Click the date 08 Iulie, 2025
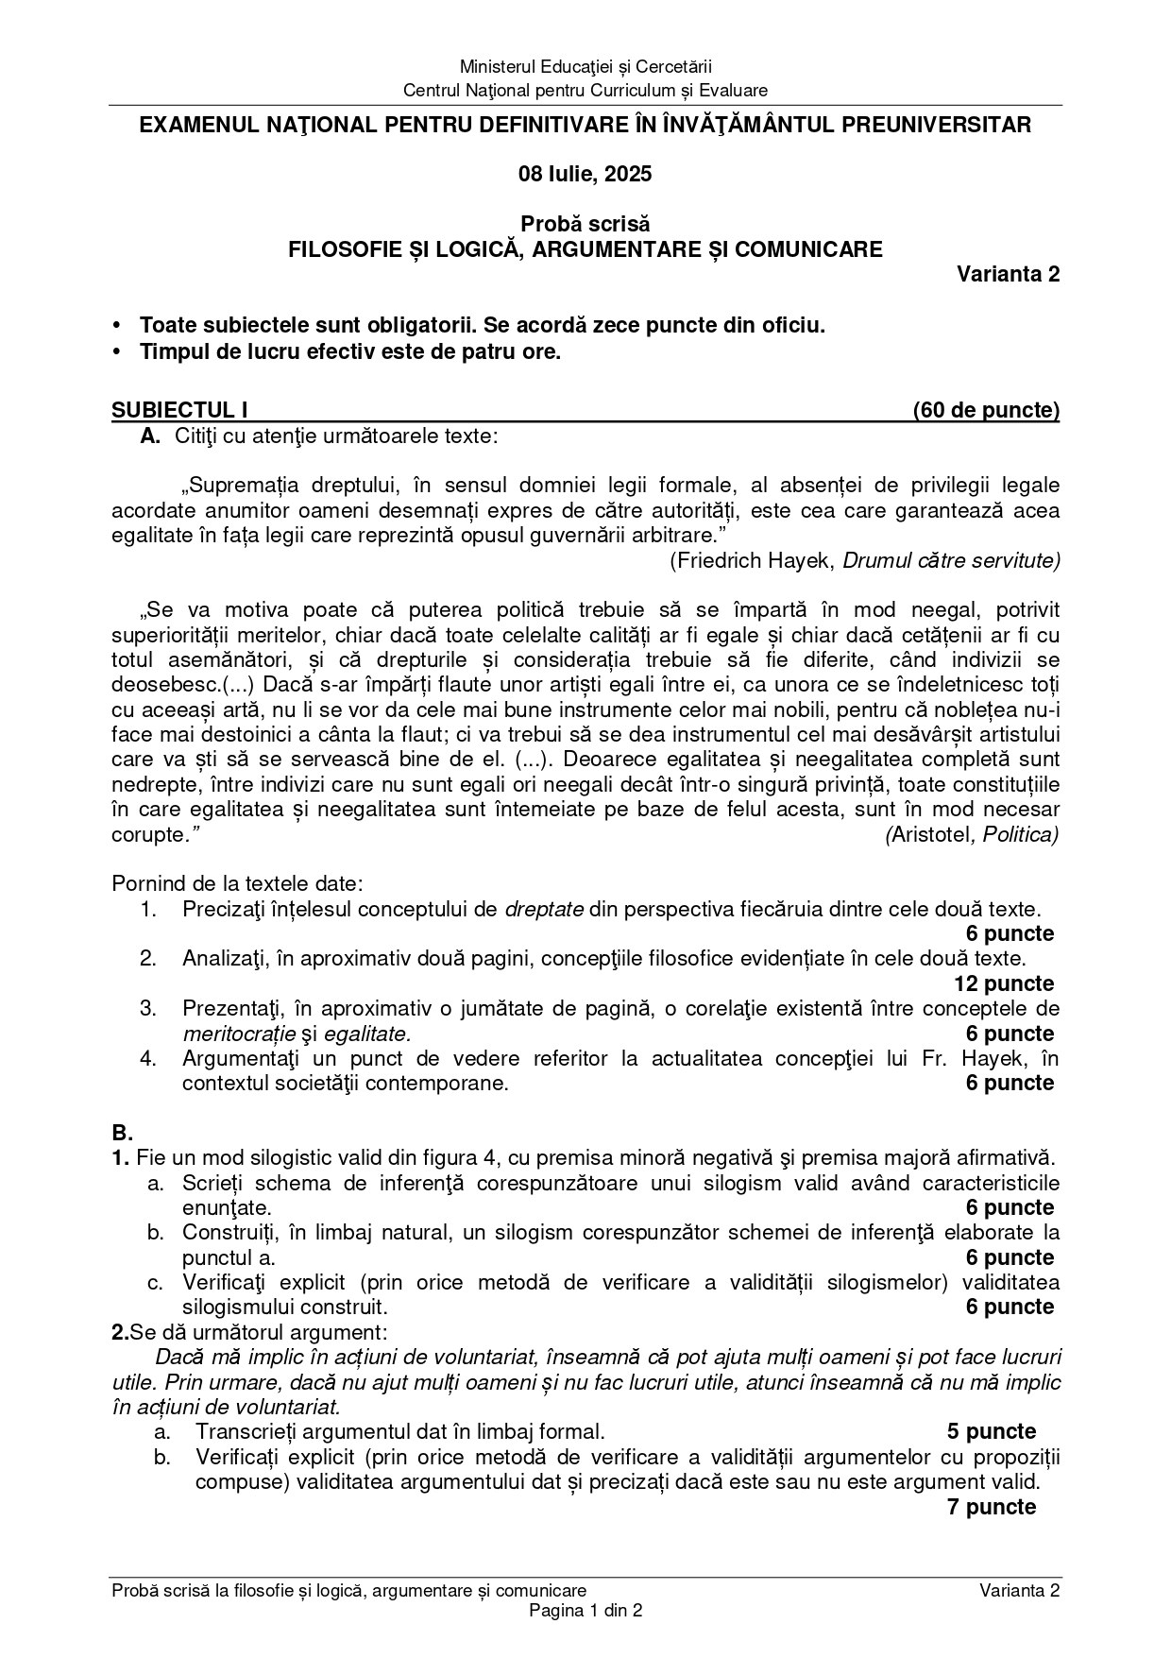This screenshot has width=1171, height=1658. pyautogui.click(x=585, y=174)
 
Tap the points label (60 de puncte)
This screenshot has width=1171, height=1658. pyautogui.click(x=986, y=410)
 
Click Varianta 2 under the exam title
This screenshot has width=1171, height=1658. pyautogui.click(x=1008, y=274)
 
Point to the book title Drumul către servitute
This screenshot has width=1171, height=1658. pyautogui.click(x=951, y=560)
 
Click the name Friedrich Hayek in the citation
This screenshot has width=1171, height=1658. pyautogui.click(x=754, y=560)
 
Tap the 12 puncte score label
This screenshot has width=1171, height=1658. pyautogui.click(x=1004, y=983)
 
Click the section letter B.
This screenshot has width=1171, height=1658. pyautogui.click(x=122, y=1133)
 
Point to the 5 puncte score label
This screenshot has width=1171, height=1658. pyautogui.click(x=992, y=1431)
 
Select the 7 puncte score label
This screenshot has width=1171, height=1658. pyautogui.click(x=992, y=1507)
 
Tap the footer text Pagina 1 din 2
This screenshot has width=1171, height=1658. pyautogui.click(x=585, y=1611)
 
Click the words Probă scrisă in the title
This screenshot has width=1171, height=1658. pyautogui.click(x=585, y=225)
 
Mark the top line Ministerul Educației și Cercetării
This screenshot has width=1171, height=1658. pyautogui.click(x=585, y=66)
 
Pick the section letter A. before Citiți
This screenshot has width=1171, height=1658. pyautogui.click(x=150, y=436)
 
